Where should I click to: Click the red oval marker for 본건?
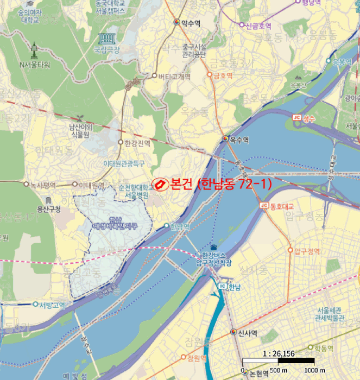point(160,185)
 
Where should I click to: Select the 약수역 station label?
point(191,23)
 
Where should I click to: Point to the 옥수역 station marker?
point(225,140)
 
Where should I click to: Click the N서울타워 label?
point(34,65)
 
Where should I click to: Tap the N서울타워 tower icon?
point(34,50)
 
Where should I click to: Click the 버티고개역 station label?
point(174,77)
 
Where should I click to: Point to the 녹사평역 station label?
point(43,185)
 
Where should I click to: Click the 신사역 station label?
point(247,332)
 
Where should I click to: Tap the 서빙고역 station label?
point(52,305)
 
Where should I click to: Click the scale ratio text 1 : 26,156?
point(278,353)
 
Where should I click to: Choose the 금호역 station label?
point(223,75)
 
